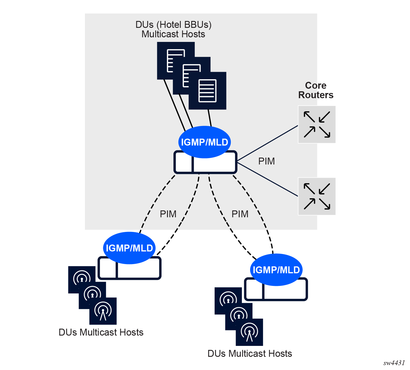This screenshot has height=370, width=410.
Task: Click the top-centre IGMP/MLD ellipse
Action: [204, 142]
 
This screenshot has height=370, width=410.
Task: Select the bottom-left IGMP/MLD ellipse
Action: [129, 248]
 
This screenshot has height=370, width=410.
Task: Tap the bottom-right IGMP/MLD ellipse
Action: [276, 270]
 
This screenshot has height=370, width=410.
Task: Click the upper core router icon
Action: [317, 124]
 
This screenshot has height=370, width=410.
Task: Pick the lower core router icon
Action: [317, 196]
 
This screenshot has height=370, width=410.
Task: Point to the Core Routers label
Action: [316, 90]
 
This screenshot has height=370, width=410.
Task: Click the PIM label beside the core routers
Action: [267, 161]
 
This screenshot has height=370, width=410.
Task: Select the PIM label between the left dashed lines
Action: [168, 214]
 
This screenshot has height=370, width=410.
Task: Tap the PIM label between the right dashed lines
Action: [240, 214]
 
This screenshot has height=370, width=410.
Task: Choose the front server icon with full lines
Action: [207, 91]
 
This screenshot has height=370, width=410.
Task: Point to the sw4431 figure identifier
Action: [394, 363]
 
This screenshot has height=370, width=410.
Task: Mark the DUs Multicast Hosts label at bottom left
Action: [101, 332]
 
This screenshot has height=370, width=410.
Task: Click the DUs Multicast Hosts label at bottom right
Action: [250, 354]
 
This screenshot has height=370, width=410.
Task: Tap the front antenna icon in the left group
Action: [103, 311]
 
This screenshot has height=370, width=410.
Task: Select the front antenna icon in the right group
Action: [249, 332]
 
